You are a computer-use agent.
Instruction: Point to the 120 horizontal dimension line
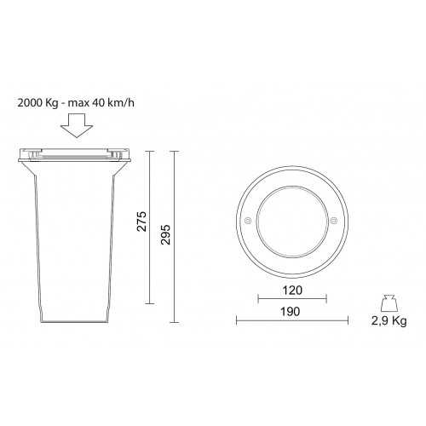(x=292, y=297)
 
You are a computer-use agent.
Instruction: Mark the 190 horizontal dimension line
(x=292, y=320)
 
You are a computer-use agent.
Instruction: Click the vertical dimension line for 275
(x=151, y=227)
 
